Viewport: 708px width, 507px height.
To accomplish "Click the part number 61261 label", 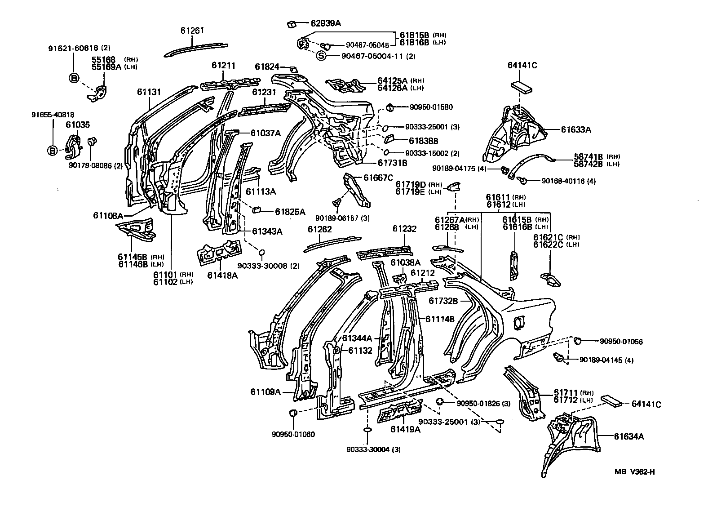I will click(192, 31).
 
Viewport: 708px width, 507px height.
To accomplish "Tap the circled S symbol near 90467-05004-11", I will click(321, 56).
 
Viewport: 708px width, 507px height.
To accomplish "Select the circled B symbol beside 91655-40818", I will click(53, 151).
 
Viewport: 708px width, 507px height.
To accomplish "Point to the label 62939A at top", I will click(326, 23).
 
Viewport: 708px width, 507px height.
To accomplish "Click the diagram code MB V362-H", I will click(635, 471).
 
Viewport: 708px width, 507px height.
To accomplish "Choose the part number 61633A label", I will click(576, 130).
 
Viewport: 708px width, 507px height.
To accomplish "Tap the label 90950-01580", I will click(431, 107).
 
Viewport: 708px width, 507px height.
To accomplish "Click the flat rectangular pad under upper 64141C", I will click(522, 86).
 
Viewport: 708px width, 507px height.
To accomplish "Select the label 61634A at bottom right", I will click(628, 436).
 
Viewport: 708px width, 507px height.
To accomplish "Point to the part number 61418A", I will click(222, 275).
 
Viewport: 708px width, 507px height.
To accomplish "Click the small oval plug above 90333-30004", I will click(367, 430).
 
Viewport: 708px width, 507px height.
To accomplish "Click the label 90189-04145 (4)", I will click(606, 360).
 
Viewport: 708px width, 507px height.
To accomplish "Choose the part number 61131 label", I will click(149, 92).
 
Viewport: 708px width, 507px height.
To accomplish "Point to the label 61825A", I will click(290, 211).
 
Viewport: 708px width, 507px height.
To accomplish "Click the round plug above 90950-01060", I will click(292, 413).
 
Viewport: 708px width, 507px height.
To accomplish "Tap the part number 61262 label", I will click(319, 229).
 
